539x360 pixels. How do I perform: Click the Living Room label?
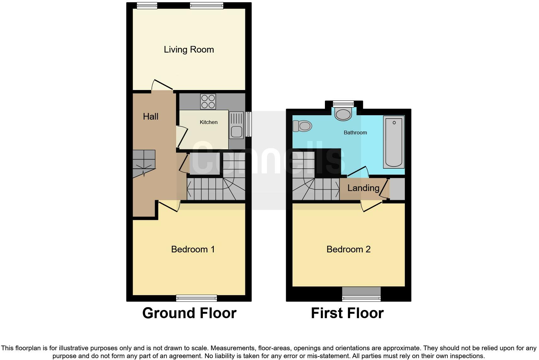point(189,49)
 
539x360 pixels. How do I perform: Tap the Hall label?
point(150,116)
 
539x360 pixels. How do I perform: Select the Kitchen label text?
point(208,122)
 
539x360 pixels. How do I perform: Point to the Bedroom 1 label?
point(193,249)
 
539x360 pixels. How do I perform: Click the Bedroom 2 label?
point(348,249)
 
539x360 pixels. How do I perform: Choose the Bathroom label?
point(355,132)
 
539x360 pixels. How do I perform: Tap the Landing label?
point(363,188)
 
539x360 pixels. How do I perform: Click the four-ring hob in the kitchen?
point(208,101)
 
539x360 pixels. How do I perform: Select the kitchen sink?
point(236,125)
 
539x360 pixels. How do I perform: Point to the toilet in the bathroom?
point(302,126)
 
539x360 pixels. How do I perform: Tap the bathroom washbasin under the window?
point(343,114)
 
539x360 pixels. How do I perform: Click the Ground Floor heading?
point(189,313)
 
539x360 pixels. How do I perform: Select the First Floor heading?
point(347,313)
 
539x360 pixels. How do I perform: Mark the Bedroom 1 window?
point(196,298)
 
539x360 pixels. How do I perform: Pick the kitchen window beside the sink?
point(249,124)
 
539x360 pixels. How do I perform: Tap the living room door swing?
point(162,85)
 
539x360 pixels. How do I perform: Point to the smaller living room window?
point(147,5)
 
